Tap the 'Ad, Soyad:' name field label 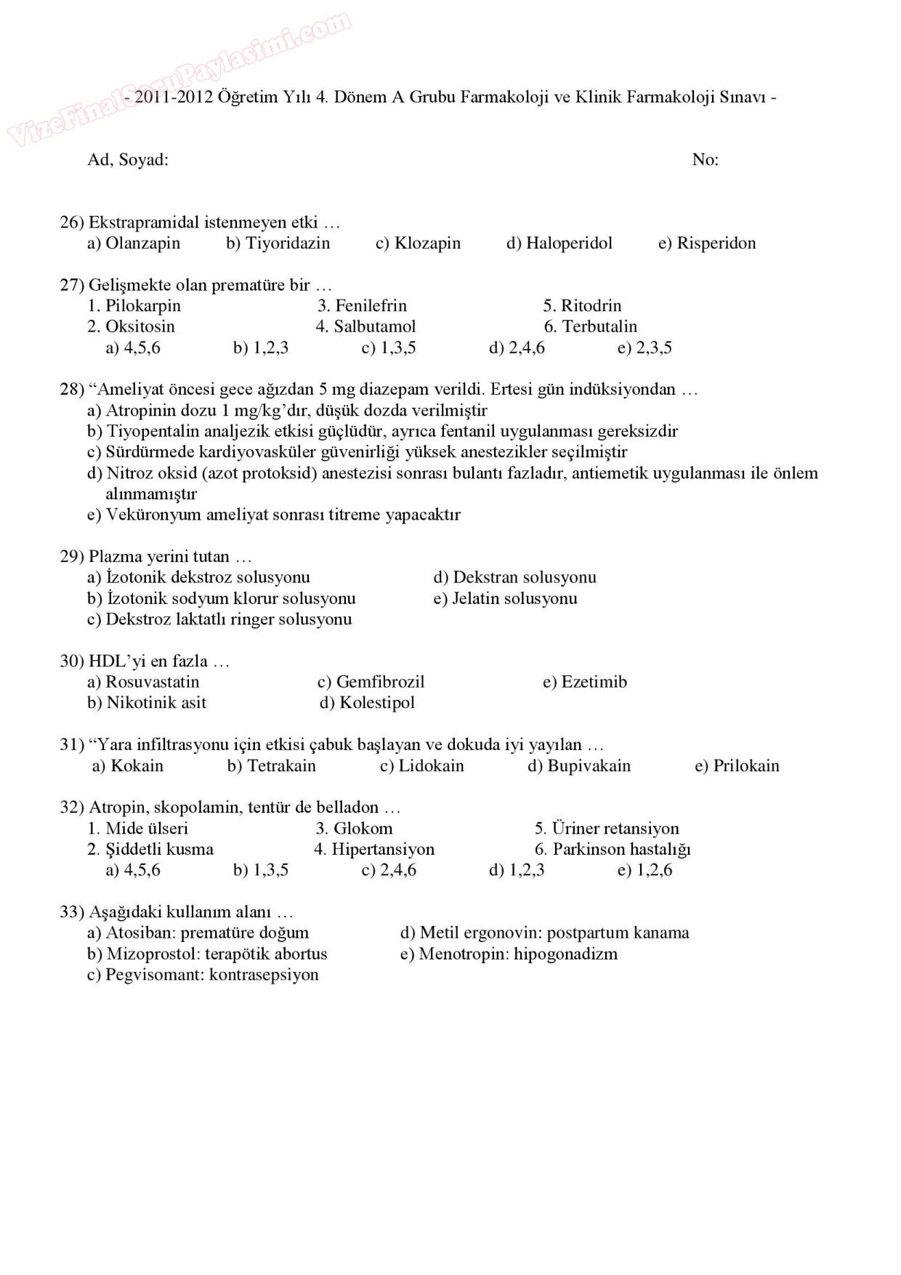[x=128, y=160]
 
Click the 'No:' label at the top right [x=705, y=160]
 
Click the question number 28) [x=72, y=390]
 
